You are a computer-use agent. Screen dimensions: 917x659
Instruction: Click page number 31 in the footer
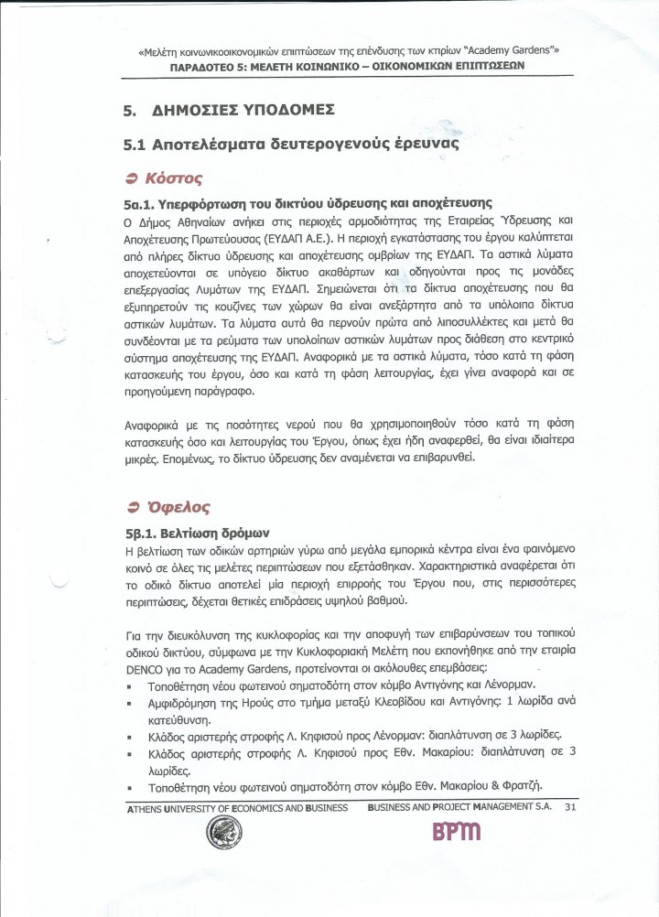pos(570,807)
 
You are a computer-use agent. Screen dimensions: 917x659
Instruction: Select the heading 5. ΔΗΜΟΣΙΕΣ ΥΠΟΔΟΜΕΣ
pos(229,112)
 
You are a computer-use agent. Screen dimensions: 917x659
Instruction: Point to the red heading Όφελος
pos(175,506)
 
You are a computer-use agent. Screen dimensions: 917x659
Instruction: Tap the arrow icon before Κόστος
pos(132,177)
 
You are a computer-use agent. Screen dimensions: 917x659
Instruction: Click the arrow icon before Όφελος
pos(132,507)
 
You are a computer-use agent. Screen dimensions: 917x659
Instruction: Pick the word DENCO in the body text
pos(145,668)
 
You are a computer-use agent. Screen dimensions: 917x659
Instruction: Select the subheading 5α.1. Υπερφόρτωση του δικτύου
pos(310,202)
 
